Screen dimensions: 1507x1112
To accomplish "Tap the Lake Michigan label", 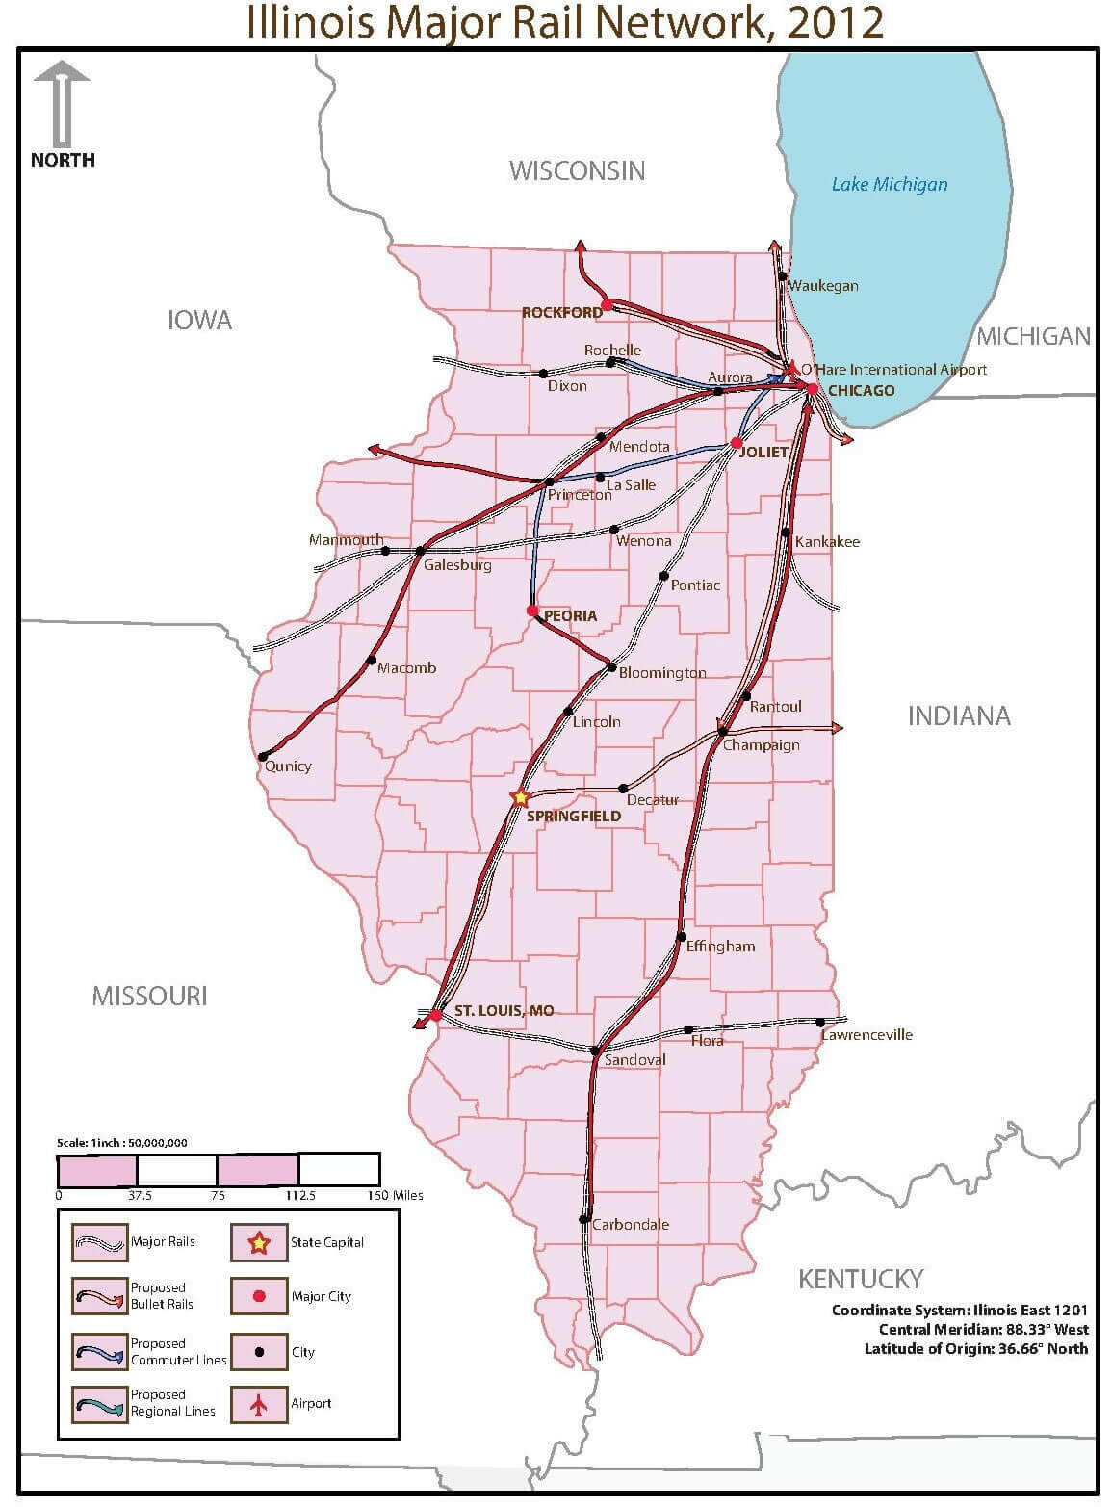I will pos(889,184).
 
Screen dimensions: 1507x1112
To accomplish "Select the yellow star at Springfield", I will pos(521,797).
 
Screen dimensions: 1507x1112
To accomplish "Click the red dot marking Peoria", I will pos(532,611).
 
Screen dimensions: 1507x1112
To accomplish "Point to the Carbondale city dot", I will pos(583,1219).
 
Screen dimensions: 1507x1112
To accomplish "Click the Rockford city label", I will pos(561,312).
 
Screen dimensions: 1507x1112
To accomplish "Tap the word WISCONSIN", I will pos(577,170).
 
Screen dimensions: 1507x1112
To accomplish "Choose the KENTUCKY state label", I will pos(860,1279).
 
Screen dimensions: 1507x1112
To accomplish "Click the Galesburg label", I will pos(457,565).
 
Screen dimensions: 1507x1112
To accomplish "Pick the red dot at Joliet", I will pos(737,443).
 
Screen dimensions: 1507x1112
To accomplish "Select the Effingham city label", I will pos(720,947).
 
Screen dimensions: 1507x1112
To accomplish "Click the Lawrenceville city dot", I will pos(820,1023).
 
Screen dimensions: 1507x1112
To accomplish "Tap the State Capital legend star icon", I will pos(258,1243).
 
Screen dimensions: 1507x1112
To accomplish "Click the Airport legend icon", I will pos(258,1405).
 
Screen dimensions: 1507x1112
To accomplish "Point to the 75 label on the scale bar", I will pos(218,1196).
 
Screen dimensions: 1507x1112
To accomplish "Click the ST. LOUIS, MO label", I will pos(504,1011).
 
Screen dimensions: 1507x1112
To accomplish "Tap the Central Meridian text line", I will pos(983,1329).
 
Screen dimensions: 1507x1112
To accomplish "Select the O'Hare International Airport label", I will pos(894,370).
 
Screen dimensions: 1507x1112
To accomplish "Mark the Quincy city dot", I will pos(262,757).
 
